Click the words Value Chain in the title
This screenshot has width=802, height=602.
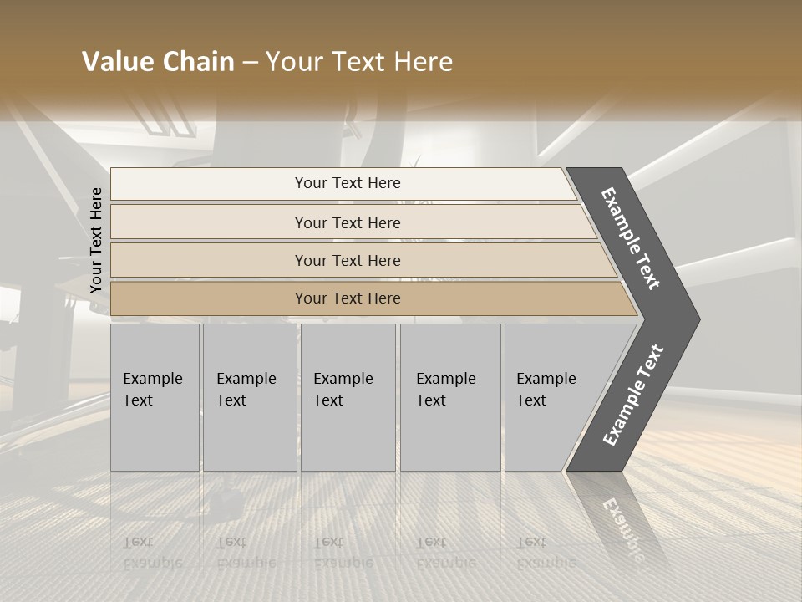click(x=158, y=62)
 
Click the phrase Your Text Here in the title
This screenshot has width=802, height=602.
click(x=359, y=62)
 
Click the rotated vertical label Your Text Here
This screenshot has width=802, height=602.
click(x=96, y=240)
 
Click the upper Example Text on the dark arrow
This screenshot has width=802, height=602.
click(x=631, y=238)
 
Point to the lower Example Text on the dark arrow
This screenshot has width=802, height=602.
click(x=633, y=395)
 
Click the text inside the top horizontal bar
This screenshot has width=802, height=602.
click(x=348, y=183)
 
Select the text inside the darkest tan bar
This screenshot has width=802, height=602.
click(x=348, y=298)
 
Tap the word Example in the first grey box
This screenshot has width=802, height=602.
click(x=152, y=379)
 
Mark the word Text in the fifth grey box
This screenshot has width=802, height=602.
click(x=531, y=400)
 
